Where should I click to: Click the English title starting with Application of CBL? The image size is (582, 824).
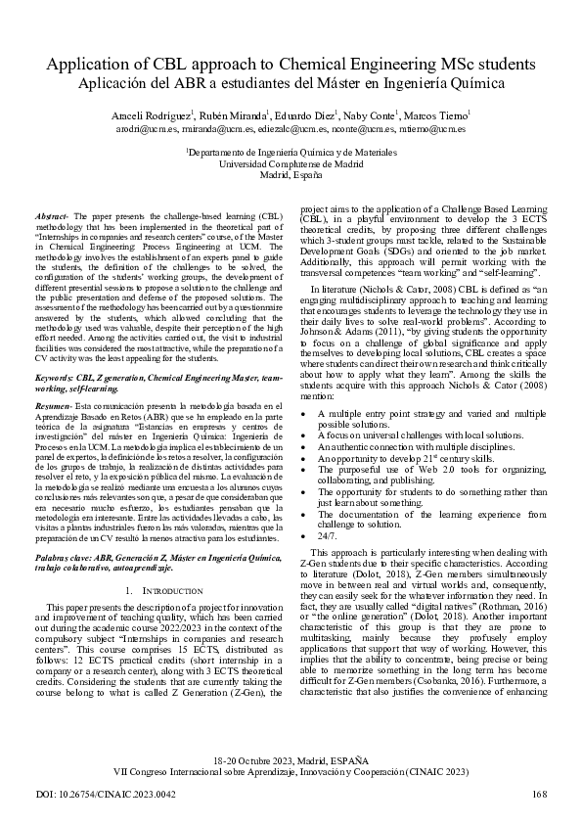(x=291, y=65)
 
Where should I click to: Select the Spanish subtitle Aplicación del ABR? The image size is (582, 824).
(x=291, y=85)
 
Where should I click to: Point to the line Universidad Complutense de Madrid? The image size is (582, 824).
(x=291, y=164)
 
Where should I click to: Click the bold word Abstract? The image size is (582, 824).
(x=50, y=214)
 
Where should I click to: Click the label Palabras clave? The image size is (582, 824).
(x=64, y=554)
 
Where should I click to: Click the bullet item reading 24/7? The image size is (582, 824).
(x=328, y=536)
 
